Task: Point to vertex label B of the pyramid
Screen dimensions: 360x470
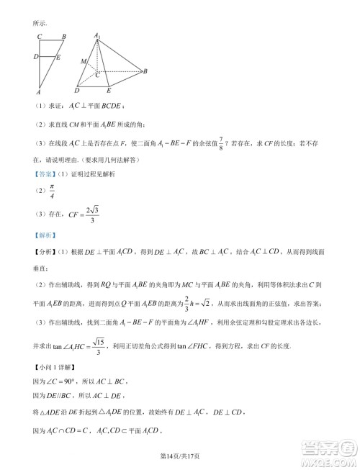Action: pyautogui.click(x=145, y=71)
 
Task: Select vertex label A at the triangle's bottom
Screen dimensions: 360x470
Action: pyautogui.click(x=37, y=92)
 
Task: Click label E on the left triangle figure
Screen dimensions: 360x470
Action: pyautogui.click(x=58, y=56)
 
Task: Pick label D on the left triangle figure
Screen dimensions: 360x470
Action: pyautogui.click(x=35, y=56)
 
